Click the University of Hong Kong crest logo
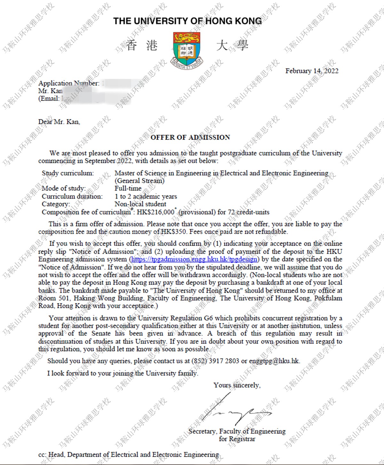point(187,49)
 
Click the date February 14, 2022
point(312,71)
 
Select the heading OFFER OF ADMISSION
point(190,138)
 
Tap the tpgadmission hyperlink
point(194,259)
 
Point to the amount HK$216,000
point(156,212)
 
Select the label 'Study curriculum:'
point(68,173)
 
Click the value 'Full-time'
point(128,189)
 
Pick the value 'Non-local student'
point(140,204)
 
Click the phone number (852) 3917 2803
point(215,361)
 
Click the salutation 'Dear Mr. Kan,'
point(59,122)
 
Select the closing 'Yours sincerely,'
point(237,385)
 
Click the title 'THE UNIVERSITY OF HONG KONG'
point(188,21)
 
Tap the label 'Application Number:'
point(69,83)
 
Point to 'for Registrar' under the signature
point(237,439)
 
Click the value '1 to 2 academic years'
point(146,196)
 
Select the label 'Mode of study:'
point(64,189)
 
